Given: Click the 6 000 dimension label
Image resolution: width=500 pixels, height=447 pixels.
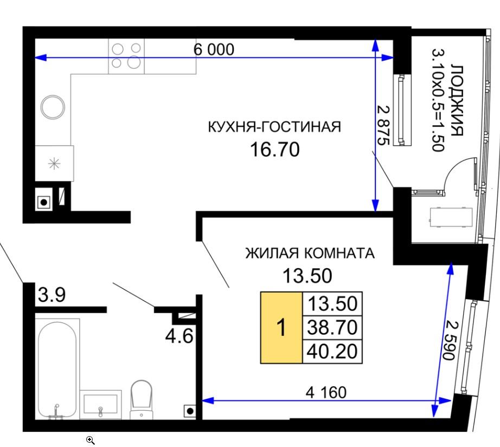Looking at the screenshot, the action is (x=214, y=49).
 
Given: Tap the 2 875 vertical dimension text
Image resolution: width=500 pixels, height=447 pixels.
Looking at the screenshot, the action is (x=383, y=125).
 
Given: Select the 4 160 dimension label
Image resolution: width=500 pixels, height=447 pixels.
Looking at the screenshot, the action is (x=326, y=392).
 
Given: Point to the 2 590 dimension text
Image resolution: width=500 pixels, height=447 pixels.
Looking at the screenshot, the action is (x=451, y=341).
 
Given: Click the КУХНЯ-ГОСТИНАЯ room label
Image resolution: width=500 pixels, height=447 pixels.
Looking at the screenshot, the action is (x=274, y=127).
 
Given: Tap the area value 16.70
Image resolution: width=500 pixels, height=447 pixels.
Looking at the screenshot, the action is (x=274, y=150).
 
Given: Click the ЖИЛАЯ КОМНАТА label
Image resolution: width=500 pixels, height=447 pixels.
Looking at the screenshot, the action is (x=310, y=253).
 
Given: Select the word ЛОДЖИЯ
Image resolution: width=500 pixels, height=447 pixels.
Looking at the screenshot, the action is (x=457, y=101).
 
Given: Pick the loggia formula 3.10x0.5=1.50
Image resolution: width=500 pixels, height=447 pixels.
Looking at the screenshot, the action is (x=438, y=100).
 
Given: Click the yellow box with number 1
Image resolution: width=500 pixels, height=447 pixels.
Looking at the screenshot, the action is (x=281, y=327).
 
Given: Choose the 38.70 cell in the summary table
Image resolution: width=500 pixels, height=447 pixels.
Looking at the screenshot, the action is (x=332, y=327).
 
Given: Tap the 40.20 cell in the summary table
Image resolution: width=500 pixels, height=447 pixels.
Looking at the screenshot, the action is (x=332, y=352).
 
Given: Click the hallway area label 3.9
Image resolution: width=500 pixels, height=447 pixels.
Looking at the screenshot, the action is (x=52, y=295).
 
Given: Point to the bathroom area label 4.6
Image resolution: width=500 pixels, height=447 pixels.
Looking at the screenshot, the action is (x=179, y=336).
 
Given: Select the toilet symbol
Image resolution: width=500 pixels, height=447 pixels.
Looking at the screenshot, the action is (x=142, y=399).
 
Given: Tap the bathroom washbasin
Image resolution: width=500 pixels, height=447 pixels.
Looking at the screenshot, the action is (x=100, y=404).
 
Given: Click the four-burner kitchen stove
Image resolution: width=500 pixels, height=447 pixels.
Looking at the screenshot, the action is (x=126, y=56).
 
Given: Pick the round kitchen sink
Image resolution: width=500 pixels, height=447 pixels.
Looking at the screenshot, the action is (x=53, y=107).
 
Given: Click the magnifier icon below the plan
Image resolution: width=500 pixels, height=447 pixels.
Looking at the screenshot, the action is (x=91, y=440).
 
